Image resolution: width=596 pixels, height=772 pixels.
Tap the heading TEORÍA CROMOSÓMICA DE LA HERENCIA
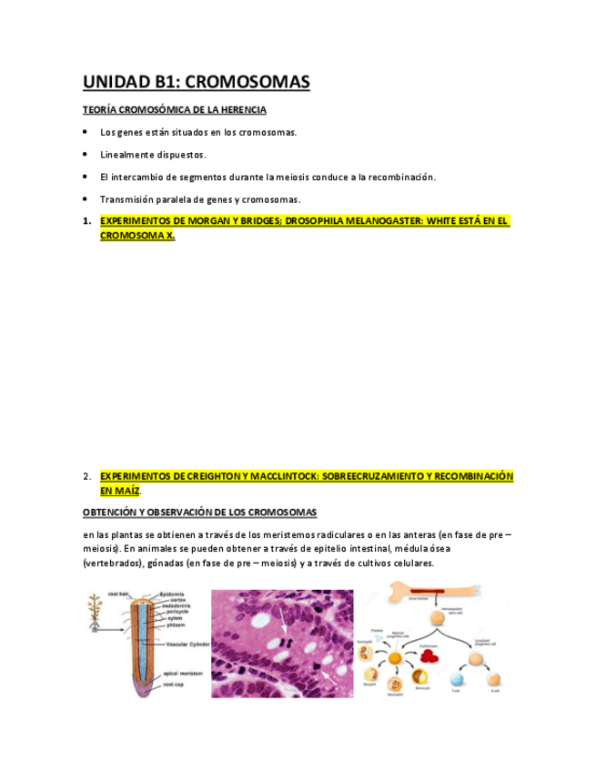[175, 110]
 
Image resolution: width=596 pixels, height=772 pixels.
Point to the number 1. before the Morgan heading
[87, 221]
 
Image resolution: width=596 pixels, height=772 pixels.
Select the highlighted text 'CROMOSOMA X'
[136, 235]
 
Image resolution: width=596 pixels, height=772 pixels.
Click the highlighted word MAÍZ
[127, 490]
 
